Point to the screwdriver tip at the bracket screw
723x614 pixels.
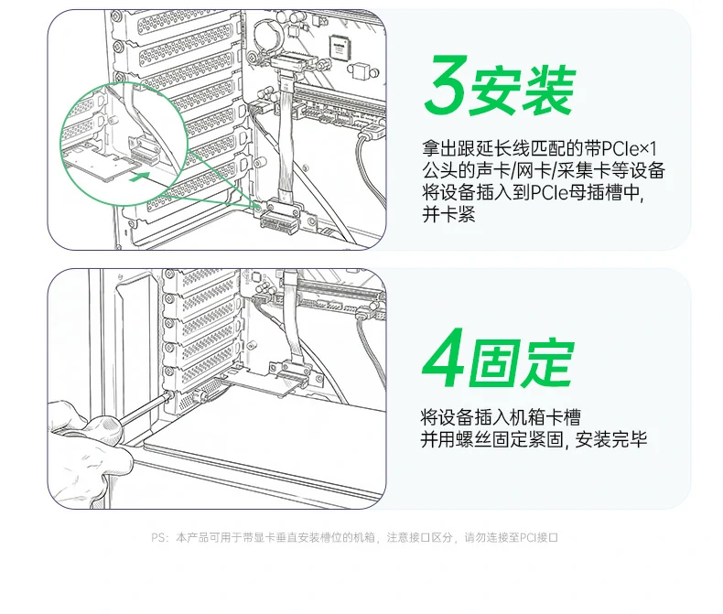(170, 396)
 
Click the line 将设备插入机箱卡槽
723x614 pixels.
(504, 417)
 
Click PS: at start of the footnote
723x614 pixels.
(159, 538)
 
